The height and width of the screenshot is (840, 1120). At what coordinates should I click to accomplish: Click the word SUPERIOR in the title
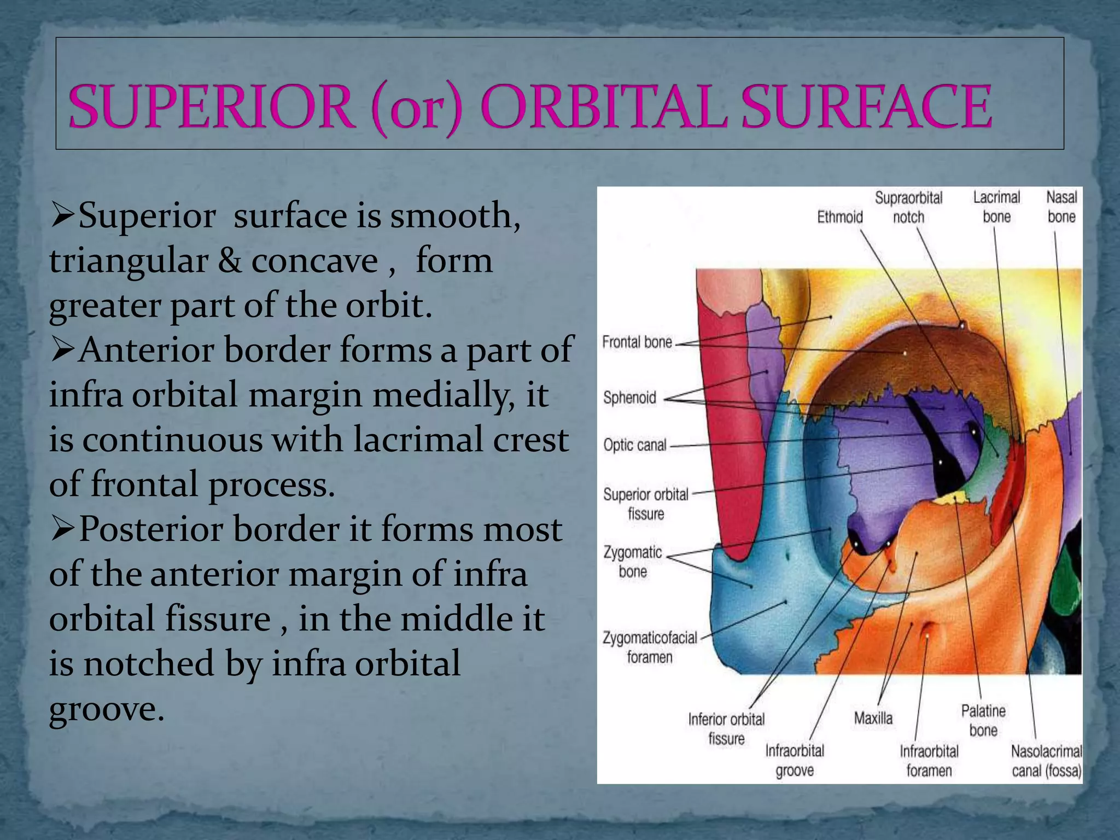click(211, 107)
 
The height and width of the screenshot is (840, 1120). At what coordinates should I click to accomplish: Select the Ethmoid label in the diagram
click(839, 217)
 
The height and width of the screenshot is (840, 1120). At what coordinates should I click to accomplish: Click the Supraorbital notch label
click(908, 207)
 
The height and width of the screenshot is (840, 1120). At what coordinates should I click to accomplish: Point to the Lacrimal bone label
click(996, 207)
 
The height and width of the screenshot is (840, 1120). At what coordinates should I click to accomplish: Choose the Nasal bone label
click(1061, 207)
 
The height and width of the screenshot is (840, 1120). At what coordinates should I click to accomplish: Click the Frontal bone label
click(637, 342)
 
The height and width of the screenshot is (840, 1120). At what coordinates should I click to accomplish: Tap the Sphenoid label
click(629, 398)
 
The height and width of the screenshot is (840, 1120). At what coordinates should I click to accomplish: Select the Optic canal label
click(635, 445)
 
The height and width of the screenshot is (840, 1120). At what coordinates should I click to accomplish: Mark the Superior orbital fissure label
click(646, 504)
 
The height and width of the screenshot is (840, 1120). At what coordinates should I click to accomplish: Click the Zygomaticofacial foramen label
click(650, 647)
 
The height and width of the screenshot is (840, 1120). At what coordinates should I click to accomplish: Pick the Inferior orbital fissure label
click(726, 728)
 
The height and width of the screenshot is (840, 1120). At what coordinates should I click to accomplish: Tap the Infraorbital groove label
click(795, 760)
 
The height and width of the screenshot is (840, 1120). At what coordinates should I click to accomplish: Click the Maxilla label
click(873, 718)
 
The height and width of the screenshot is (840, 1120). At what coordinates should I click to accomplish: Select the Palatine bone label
click(983, 720)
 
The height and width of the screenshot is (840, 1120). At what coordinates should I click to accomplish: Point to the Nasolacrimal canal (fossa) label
click(1046, 761)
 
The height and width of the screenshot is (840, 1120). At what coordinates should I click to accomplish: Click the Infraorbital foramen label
click(929, 761)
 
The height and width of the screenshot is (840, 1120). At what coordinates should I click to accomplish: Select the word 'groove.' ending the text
click(107, 710)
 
